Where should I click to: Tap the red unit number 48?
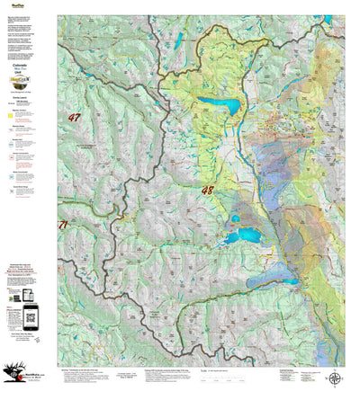click(208, 190)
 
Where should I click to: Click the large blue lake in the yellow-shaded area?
click(220, 106)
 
